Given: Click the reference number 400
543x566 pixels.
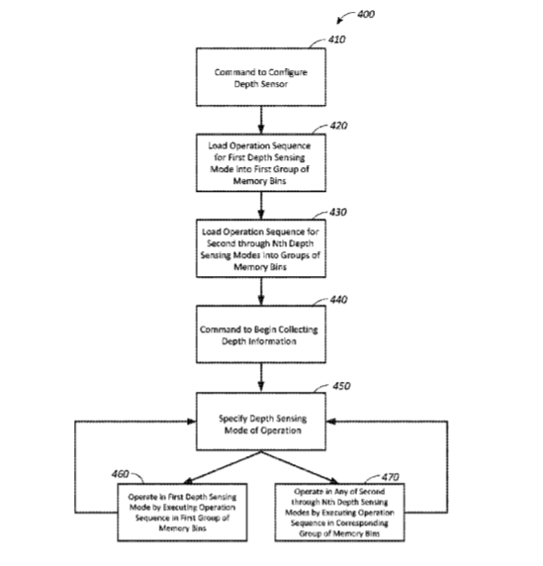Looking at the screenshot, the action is coord(366,14).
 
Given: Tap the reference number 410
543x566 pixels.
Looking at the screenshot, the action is coord(336,40).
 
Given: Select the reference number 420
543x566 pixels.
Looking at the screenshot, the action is coord(339,126).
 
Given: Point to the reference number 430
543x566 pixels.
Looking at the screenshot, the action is coord(338,212).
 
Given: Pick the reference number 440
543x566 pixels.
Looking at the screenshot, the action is coord(339,300).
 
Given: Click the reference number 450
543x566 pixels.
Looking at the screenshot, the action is coord(341,386).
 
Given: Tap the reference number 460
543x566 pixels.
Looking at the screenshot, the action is coord(120,474).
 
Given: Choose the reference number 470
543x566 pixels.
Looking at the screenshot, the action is coord(391,477).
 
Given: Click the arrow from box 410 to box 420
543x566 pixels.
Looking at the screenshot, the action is coord(261,120).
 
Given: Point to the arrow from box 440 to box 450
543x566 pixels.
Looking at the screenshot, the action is coord(261,378).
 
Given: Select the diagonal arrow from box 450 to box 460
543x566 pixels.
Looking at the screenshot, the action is coord(223,467).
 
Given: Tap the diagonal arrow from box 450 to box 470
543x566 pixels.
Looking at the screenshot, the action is coord(300,467).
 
